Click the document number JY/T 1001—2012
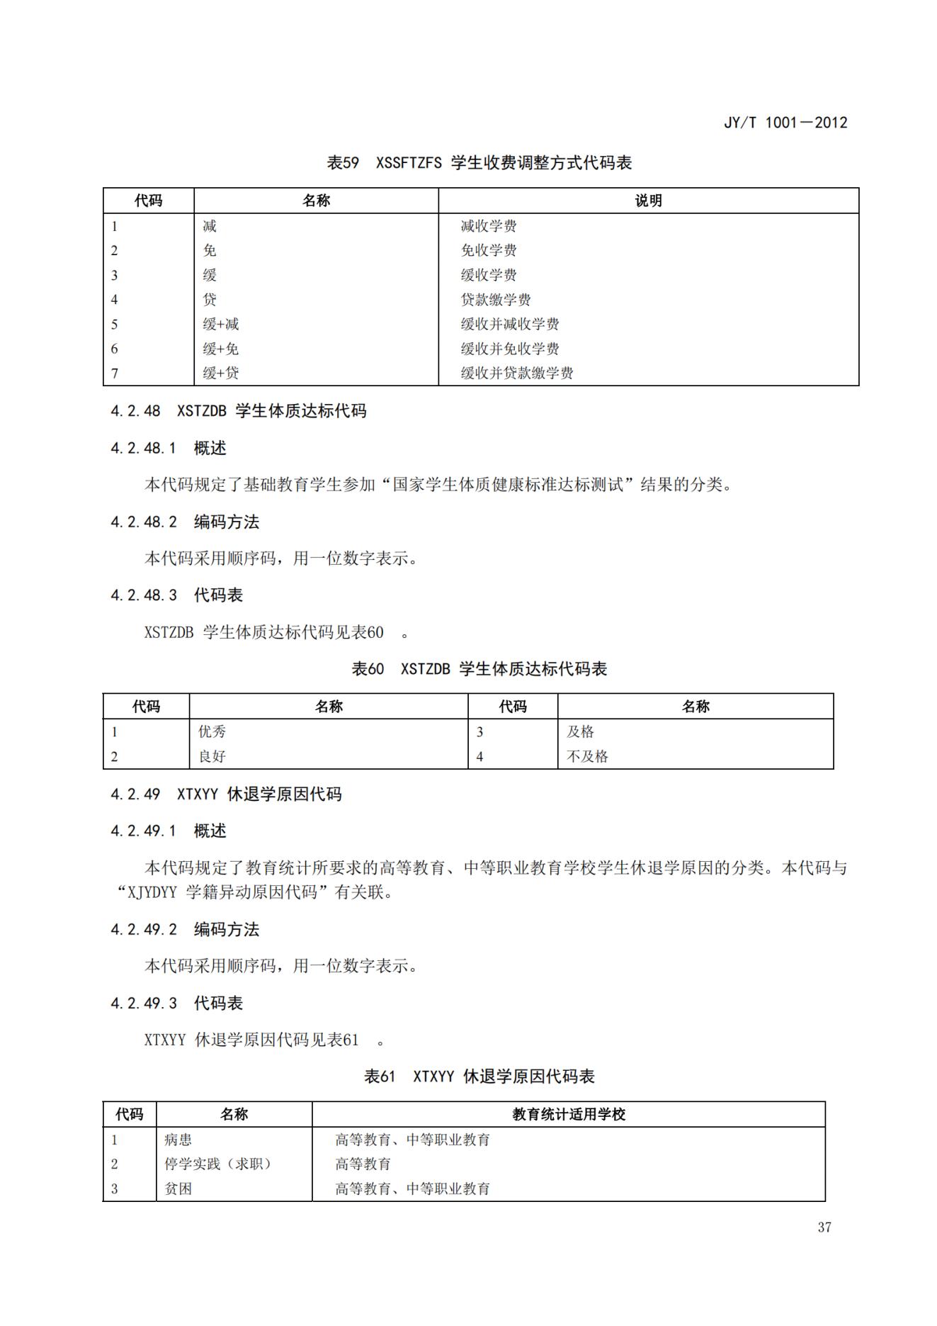tap(785, 123)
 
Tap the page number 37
tap(824, 1227)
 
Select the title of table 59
tap(479, 163)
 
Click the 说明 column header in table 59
tap(648, 201)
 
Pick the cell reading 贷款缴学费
tap(496, 300)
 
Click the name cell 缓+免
tap(221, 349)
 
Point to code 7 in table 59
tap(115, 373)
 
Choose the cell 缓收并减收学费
tap(510, 325)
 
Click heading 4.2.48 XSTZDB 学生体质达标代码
tap(239, 411)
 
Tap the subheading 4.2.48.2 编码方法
tap(185, 522)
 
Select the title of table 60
tap(479, 669)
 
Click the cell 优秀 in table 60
tap(212, 732)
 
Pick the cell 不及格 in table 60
tap(587, 757)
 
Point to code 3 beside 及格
tap(479, 732)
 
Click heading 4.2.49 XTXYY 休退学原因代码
tap(226, 794)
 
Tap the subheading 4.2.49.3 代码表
tap(176, 1004)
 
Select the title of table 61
tap(479, 1077)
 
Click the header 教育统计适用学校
tap(569, 1115)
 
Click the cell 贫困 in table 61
tap(178, 1189)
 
